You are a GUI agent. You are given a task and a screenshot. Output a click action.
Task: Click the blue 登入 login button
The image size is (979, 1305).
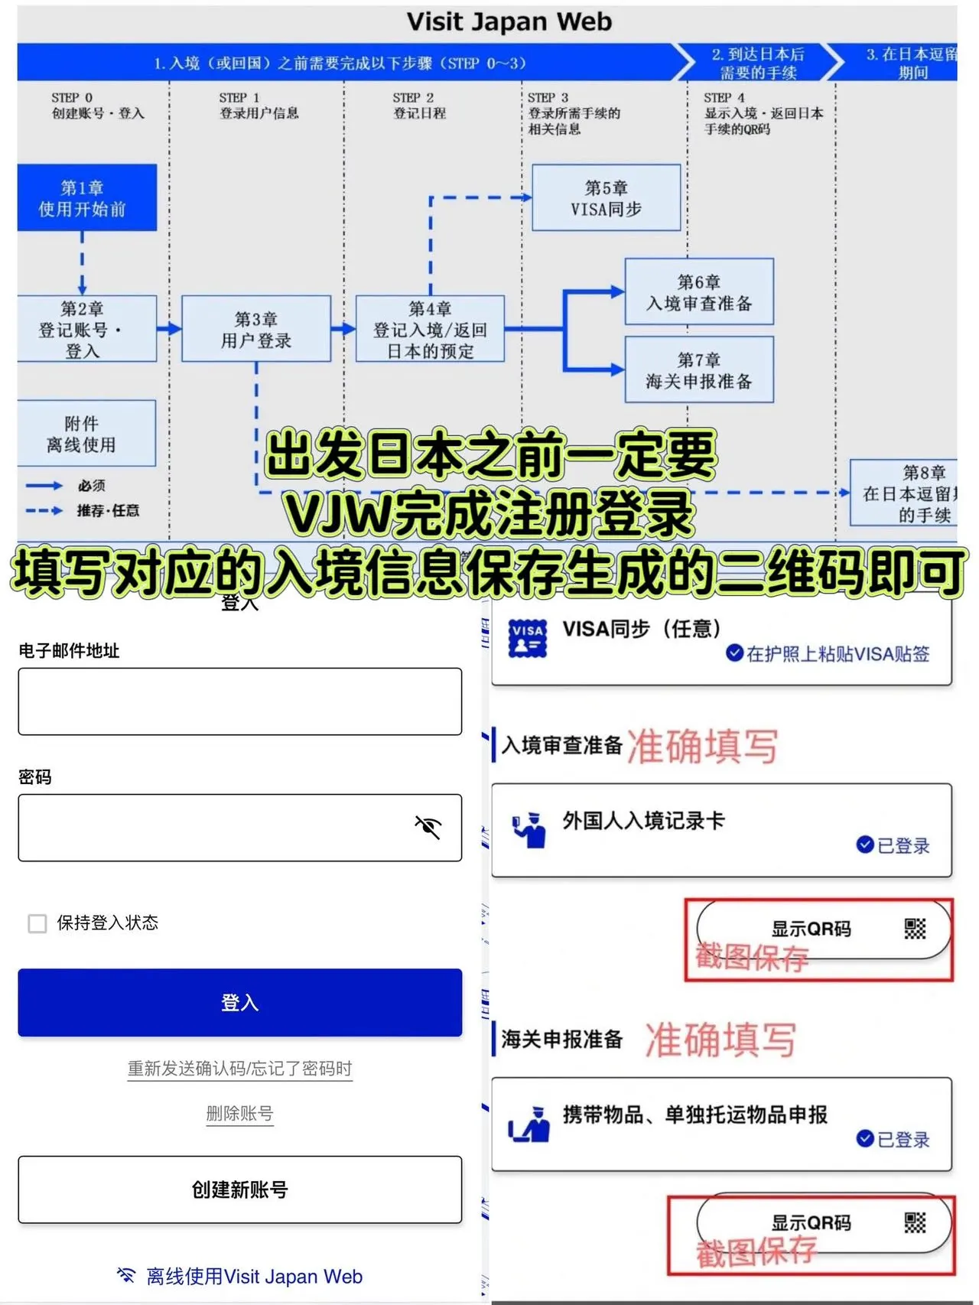(239, 1002)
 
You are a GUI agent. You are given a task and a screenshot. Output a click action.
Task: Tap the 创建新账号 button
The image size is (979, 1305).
(239, 1189)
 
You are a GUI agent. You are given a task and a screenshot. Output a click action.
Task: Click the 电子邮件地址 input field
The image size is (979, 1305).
(239, 701)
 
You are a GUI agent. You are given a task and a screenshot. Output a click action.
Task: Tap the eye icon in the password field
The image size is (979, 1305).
(428, 827)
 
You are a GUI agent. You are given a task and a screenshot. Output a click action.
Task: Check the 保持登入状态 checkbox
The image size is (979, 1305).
(37, 923)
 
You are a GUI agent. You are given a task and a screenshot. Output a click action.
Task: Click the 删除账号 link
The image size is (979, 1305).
(239, 1113)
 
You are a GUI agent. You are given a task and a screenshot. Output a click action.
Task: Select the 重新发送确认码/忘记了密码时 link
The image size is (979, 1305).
(239, 1069)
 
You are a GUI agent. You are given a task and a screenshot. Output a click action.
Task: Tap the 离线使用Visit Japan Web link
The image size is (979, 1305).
(239, 1276)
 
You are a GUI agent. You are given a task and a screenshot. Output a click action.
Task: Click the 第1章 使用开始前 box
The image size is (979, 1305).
(86, 198)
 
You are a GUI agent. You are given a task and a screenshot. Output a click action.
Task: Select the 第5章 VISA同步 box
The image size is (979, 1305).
(606, 198)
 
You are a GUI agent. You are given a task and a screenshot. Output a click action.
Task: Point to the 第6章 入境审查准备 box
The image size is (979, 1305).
(699, 292)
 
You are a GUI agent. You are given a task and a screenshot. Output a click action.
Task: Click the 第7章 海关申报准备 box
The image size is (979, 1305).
(699, 370)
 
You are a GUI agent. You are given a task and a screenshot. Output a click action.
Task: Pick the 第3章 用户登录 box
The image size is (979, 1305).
(256, 329)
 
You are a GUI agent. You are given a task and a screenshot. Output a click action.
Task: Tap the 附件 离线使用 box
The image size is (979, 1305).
(86, 434)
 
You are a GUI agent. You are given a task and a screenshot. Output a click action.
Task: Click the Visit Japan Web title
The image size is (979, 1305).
(509, 21)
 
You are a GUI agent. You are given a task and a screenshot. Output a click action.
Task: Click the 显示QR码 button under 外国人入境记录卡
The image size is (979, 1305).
(823, 929)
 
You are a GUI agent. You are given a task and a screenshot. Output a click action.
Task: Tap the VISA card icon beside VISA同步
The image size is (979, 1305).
(528, 638)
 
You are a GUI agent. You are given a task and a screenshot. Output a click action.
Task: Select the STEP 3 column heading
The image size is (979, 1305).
(574, 113)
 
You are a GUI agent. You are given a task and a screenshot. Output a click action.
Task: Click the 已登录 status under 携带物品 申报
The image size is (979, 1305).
(893, 1139)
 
